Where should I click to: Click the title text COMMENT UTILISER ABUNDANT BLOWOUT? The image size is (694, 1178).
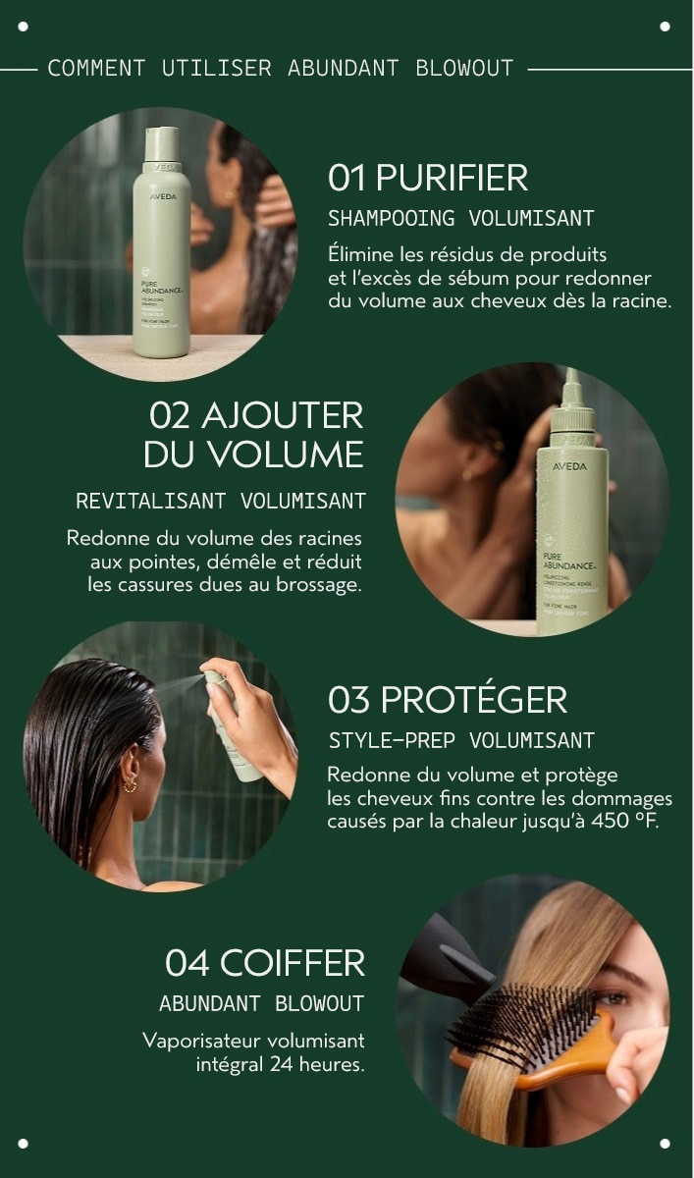[x=280, y=69]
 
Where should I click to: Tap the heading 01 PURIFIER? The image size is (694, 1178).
[x=428, y=178]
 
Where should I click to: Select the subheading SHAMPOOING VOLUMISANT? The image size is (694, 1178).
[x=460, y=218]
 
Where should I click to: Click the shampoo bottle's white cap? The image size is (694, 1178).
[x=162, y=144]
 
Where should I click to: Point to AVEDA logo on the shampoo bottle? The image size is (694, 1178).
[x=162, y=197]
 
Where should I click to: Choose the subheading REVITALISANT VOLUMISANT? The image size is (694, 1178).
[x=221, y=501]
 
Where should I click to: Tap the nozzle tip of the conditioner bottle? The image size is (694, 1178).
[x=571, y=379]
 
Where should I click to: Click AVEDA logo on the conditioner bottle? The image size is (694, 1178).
[x=569, y=466]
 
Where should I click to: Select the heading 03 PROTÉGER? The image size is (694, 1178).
[x=447, y=700]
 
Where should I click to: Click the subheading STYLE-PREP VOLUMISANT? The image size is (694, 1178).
[x=461, y=739]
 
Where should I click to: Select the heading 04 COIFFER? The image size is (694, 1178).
[x=265, y=963]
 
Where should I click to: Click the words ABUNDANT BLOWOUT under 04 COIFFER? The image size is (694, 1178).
[x=261, y=1003]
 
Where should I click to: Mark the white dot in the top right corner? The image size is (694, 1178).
[x=665, y=27]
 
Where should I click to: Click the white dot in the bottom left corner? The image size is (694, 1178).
[x=24, y=1143]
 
